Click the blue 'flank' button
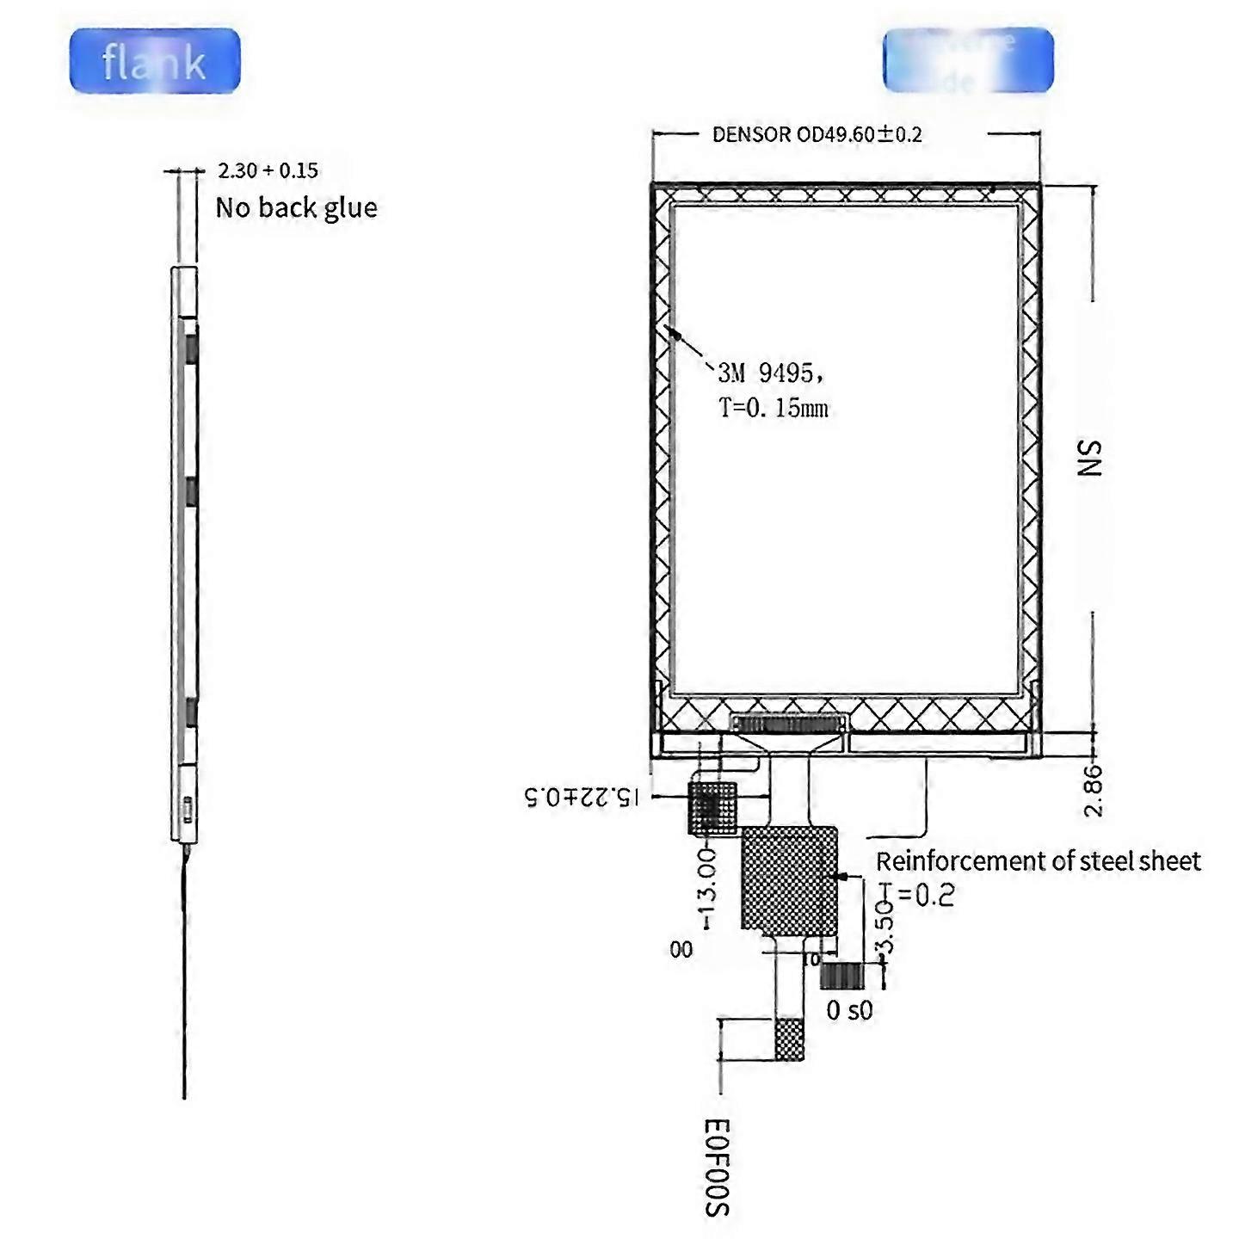click(155, 61)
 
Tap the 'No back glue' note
click(296, 208)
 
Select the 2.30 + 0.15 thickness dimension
click(268, 170)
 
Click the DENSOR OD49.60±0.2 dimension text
click(817, 134)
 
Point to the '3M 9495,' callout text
click(771, 373)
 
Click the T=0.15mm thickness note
click(774, 407)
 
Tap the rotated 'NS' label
click(1089, 458)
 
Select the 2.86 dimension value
click(1092, 790)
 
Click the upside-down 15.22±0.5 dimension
click(583, 797)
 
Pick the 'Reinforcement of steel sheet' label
click(1038, 861)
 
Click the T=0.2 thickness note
click(917, 896)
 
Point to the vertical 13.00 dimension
click(706, 887)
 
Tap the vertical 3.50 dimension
click(885, 928)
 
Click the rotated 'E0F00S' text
click(717, 1168)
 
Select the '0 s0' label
click(849, 1010)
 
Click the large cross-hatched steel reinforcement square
click(789, 879)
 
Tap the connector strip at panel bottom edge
click(788, 723)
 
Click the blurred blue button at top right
click(968, 60)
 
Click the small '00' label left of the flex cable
click(681, 950)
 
